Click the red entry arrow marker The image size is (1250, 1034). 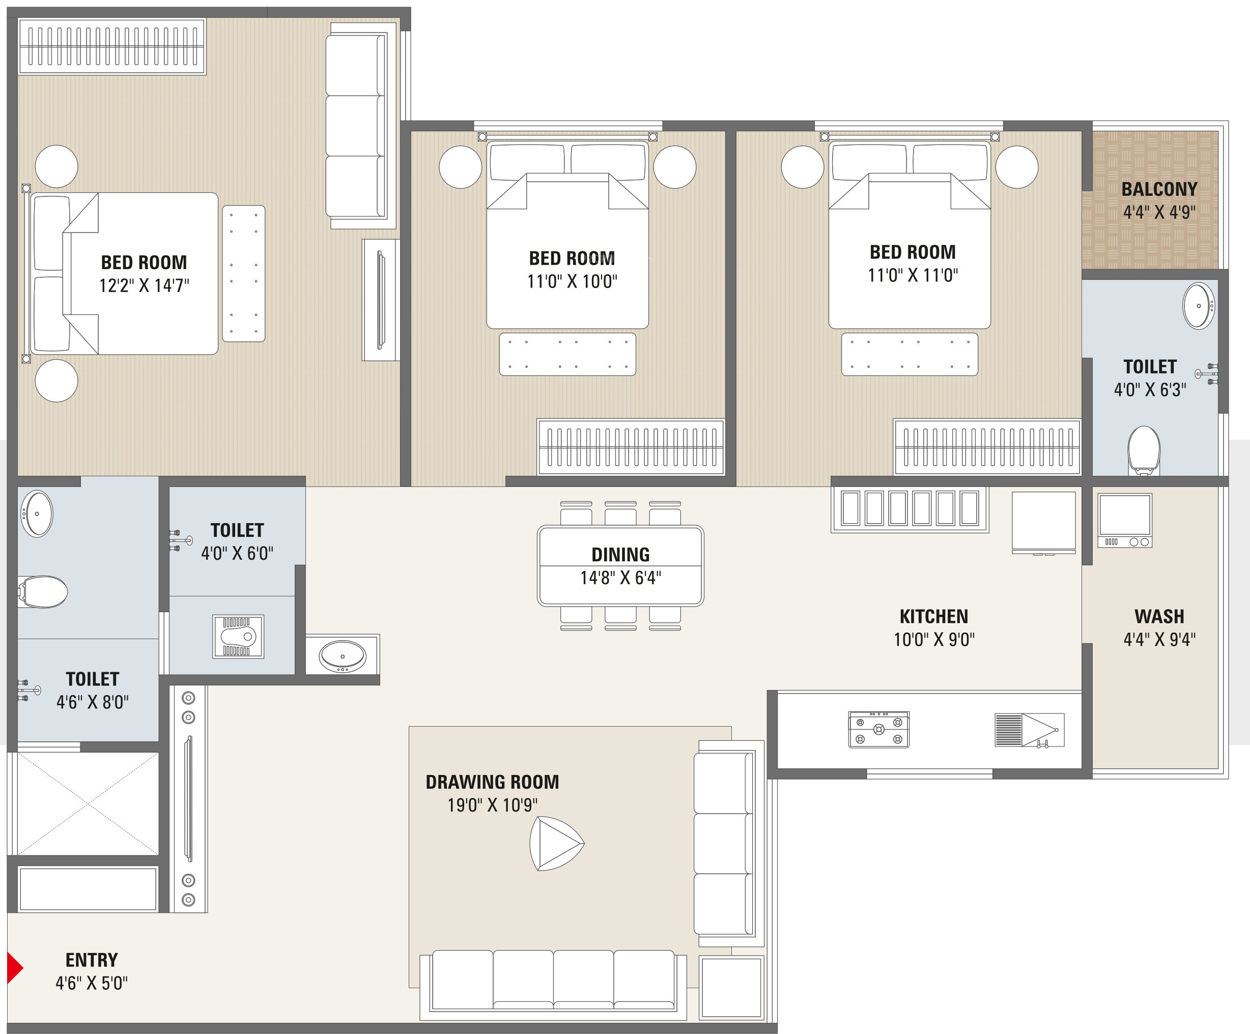click(14, 968)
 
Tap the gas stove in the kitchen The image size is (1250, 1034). click(878, 729)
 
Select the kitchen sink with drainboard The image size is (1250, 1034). click(1029, 730)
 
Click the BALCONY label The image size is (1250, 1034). click(1159, 189)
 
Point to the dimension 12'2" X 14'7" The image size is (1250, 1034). click(144, 286)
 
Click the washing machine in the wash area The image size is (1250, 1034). click(1125, 520)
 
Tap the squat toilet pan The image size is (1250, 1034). click(238, 637)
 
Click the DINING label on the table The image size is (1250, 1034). click(620, 555)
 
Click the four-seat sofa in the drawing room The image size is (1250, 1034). click(554, 981)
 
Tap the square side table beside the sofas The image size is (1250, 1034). click(731, 988)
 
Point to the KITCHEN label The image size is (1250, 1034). click(934, 616)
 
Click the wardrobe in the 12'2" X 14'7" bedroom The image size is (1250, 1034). click(112, 46)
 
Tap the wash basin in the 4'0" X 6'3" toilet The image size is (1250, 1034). click(1198, 306)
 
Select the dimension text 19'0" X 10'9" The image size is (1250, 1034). click(492, 806)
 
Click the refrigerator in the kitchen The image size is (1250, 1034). click(1044, 523)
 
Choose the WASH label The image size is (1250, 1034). click(1159, 616)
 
